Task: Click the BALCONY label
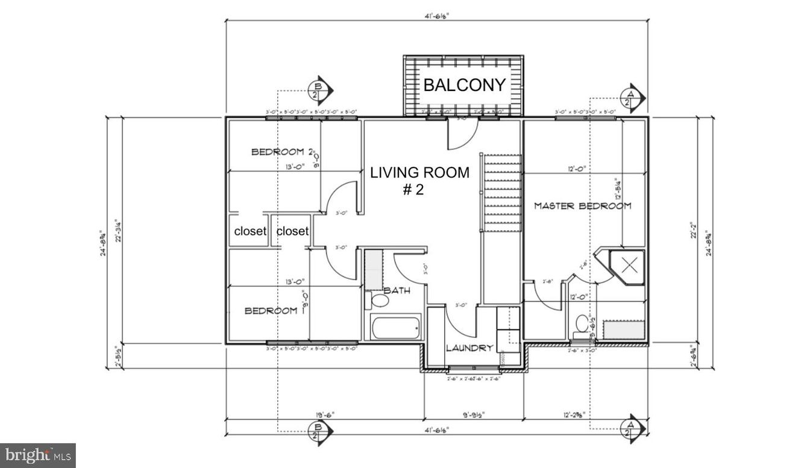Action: pos(463,85)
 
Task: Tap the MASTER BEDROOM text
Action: pos(583,206)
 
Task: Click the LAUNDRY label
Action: pos(469,348)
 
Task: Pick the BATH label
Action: pos(397,290)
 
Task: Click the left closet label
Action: pos(250,231)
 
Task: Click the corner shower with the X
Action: pos(629,264)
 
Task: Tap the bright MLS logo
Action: pos(37,455)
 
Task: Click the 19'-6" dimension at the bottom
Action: pos(324,414)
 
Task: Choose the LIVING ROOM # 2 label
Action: pos(419,181)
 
